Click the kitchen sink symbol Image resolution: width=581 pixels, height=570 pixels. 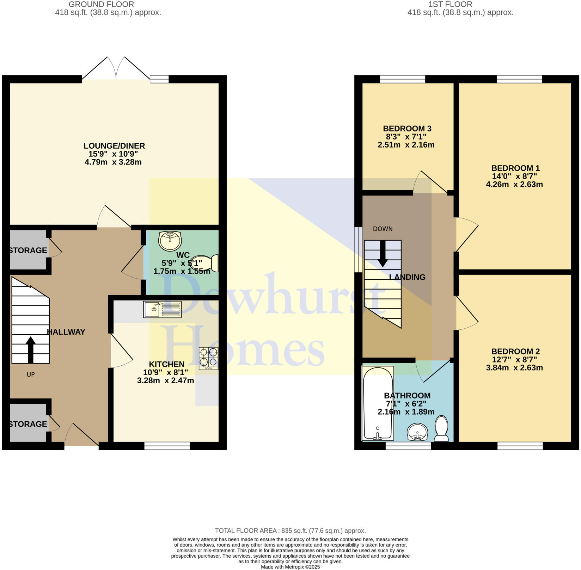[162, 309]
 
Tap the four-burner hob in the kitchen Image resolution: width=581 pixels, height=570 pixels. [208, 358]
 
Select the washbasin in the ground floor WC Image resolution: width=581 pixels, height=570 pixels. [170, 241]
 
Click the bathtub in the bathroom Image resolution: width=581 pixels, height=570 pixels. [378, 403]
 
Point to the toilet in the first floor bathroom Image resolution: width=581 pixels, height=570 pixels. [441, 428]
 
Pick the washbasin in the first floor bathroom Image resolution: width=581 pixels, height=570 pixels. [417, 432]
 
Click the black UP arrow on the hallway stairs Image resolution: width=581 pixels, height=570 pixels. [31, 349]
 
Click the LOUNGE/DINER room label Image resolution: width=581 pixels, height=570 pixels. [114, 146]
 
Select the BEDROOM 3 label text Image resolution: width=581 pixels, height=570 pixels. [407, 129]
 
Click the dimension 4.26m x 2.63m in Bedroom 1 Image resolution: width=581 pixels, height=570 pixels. [514, 184]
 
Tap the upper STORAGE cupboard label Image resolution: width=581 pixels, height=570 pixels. [28, 250]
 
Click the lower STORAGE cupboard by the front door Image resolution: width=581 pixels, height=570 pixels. [28, 424]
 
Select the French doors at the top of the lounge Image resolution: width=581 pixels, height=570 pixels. [116, 69]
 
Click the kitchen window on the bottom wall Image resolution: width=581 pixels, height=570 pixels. [167, 447]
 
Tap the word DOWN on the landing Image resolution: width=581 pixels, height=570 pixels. [383, 229]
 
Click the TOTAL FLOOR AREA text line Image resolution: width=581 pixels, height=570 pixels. [290, 531]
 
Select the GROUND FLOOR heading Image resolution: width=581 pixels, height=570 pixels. [101, 5]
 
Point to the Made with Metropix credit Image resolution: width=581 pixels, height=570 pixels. [290, 567]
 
